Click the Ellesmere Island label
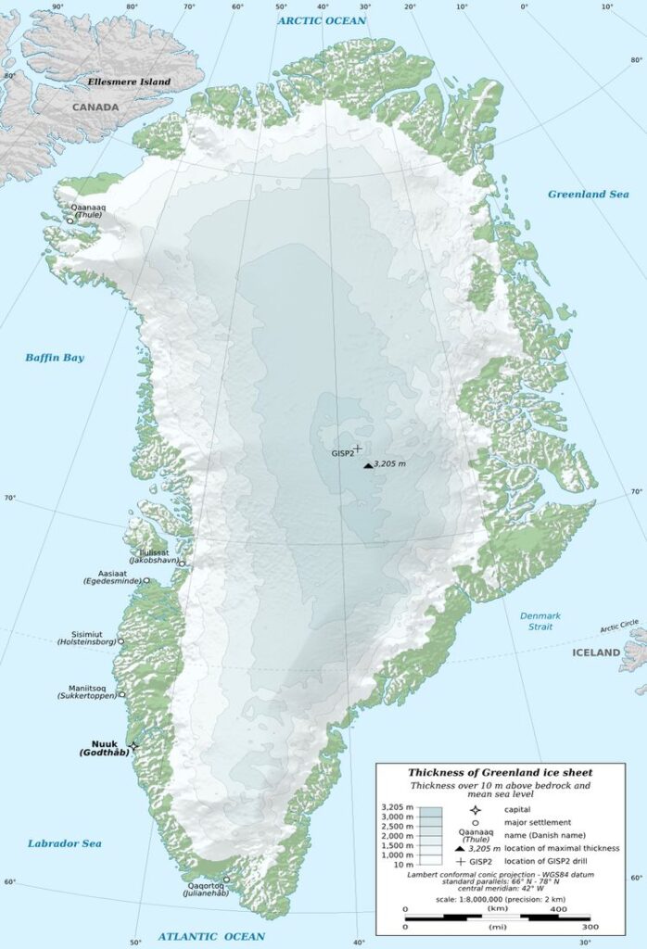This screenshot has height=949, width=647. (x=129, y=82)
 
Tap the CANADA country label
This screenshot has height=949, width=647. (x=95, y=108)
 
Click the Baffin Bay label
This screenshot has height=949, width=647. (x=55, y=358)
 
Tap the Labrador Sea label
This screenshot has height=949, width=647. (x=64, y=843)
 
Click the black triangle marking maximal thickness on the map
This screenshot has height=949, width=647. (x=368, y=464)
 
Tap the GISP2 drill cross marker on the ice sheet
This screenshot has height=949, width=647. (x=358, y=448)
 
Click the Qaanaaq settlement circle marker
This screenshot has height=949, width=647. (x=70, y=221)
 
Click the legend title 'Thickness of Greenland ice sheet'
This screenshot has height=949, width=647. (x=500, y=772)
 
